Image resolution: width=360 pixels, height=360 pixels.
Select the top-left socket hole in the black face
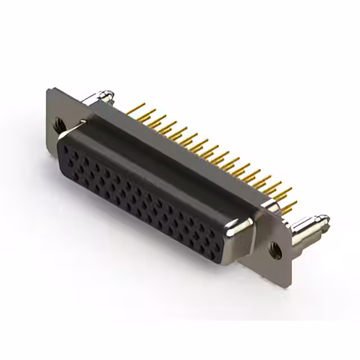[x=67, y=147]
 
